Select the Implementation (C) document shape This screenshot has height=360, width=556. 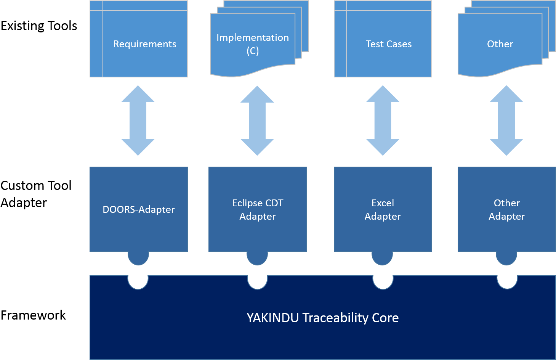click(253, 44)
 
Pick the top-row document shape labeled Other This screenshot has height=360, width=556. click(500, 44)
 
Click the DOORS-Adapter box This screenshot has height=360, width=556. click(139, 209)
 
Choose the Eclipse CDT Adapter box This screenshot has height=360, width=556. click(258, 209)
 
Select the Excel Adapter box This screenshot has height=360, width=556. click(383, 209)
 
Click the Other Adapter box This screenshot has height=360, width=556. click(506, 209)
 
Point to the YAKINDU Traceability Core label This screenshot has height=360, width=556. click(322, 318)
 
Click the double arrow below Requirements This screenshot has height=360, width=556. click(138, 121)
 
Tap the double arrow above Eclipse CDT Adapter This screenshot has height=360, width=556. click(257, 121)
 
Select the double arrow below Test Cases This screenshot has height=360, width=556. click(383, 121)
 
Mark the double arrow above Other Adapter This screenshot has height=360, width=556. click(506, 121)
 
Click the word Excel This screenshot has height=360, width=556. click(383, 203)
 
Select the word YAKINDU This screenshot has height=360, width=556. click(272, 318)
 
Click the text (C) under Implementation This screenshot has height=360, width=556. click(253, 51)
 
